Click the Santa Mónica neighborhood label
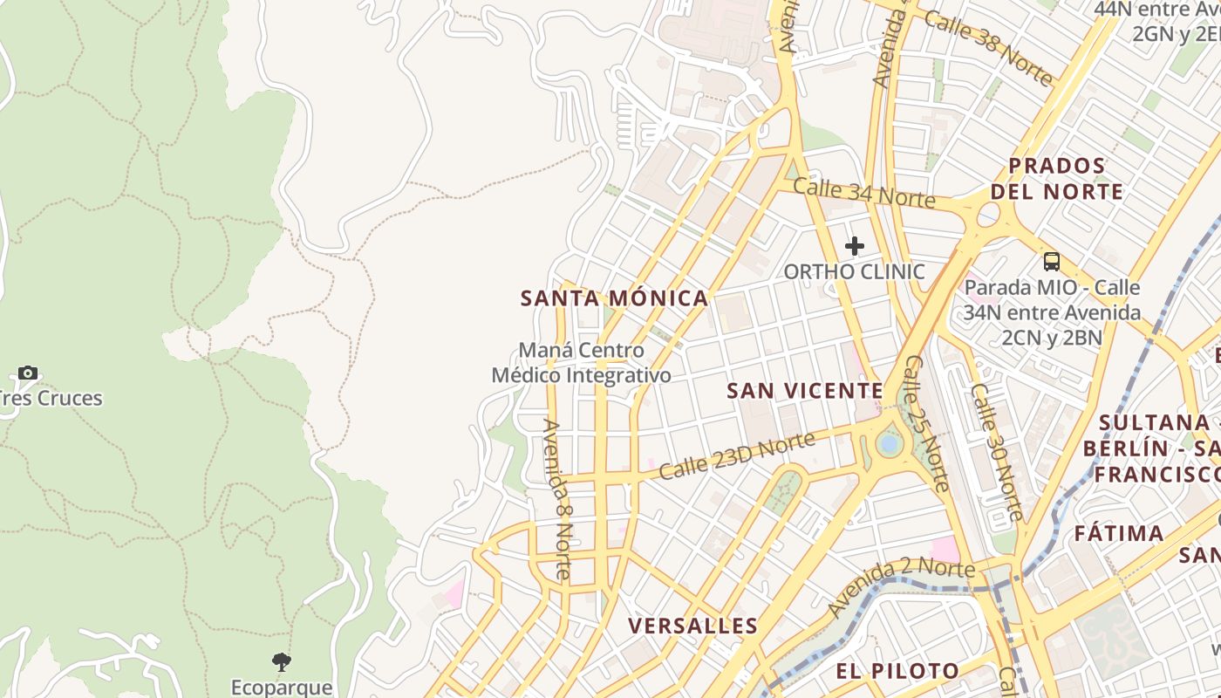point(614,298)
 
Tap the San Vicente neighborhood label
point(805,391)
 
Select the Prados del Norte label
point(1057,178)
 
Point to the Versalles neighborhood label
point(692,626)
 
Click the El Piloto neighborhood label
point(897,671)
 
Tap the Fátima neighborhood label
point(1119,533)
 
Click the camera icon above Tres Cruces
point(28,373)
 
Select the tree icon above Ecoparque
point(281,661)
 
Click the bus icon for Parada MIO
point(1052,261)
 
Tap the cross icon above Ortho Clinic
point(855,246)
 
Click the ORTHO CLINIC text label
point(854,271)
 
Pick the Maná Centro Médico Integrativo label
point(582,363)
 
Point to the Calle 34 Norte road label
point(863,195)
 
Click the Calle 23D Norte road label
point(737,456)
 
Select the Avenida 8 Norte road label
point(556,500)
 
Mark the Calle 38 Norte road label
point(987,48)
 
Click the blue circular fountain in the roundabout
point(889,443)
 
